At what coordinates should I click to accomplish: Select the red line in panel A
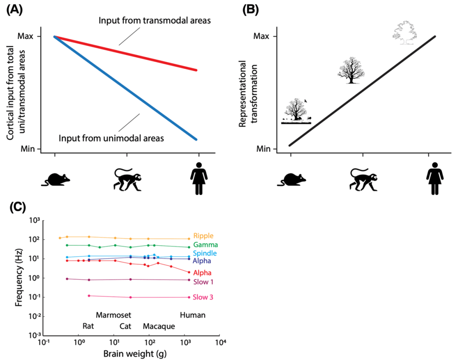click(x=127, y=54)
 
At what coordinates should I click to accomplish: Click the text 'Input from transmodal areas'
click(x=154, y=20)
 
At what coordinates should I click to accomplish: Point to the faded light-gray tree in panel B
click(x=405, y=31)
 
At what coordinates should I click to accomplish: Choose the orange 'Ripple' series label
click(x=203, y=236)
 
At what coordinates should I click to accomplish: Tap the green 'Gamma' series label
click(x=205, y=245)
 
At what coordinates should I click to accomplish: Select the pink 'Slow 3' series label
click(x=203, y=297)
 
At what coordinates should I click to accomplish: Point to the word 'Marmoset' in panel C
click(x=113, y=315)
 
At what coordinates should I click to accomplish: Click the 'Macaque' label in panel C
click(x=159, y=327)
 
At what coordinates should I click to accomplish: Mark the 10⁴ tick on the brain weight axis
click(x=219, y=342)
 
